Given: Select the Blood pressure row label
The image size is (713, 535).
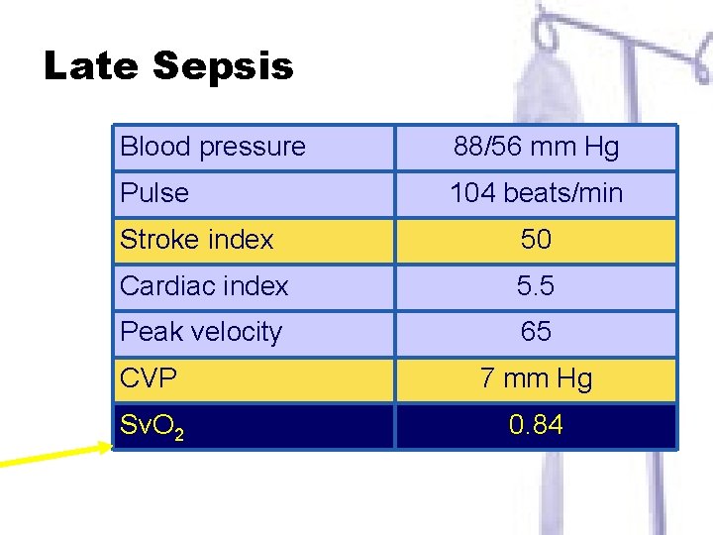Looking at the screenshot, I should (x=212, y=147).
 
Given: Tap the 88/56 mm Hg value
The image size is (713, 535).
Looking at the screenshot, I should (x=536, y=148).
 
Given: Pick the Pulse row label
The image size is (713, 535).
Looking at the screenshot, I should (x=153, y=192).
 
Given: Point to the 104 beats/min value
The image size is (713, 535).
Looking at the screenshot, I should (x=536, y=193).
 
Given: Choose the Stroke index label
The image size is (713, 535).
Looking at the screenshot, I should (x=196, y=240).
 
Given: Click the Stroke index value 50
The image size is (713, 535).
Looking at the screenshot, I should (x=536, y=240).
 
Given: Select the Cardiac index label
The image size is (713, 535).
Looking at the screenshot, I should (x=204, y=286).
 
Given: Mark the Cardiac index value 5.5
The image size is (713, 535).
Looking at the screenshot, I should (x=536, y=286).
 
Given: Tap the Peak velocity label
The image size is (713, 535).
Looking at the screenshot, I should (x=201, y=332).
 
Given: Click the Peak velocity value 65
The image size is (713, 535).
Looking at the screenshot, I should (x=536, y=332).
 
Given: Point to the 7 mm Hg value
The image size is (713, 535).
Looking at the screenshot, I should (x=536, y=378).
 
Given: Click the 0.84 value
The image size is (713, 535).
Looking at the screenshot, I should (x=536, y=426).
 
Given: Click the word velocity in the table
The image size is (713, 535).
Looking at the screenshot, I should (x=235, y=332).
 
